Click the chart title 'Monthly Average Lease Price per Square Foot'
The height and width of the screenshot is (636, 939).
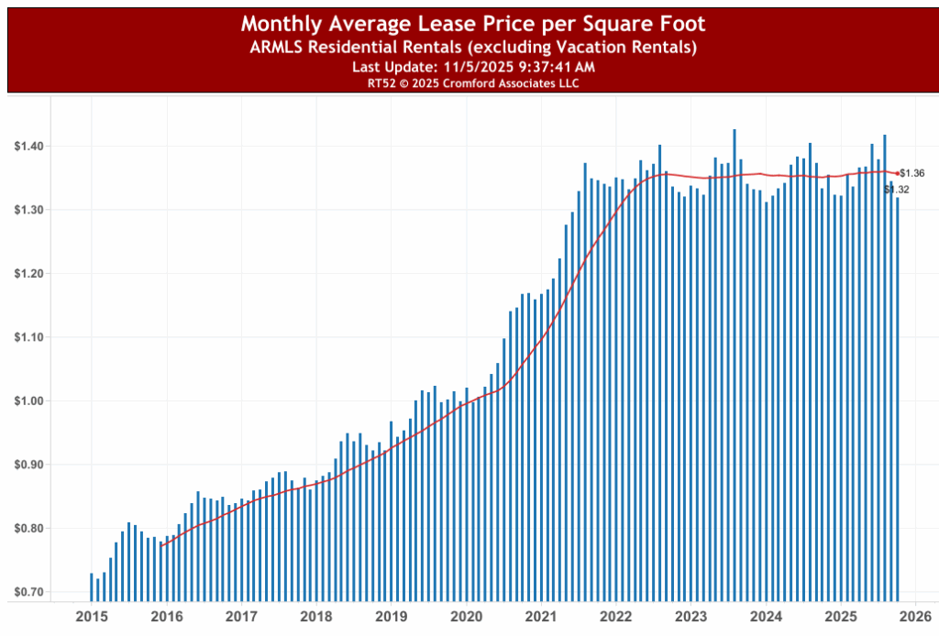coord(473,23)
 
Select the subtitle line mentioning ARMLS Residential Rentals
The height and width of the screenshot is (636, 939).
coord(473,47)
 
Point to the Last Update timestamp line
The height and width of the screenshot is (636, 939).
coord(473,66)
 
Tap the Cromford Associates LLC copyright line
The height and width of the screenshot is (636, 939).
coord(473,82)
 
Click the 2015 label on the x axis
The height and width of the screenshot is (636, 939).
coord(90,616)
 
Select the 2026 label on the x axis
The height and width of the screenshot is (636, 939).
coord(916,616)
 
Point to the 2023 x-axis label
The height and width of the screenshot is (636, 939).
coord(691,616)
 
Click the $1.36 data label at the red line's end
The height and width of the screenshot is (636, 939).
coord(912,173)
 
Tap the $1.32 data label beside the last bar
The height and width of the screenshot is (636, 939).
coord(898,190)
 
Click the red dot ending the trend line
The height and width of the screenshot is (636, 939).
coord(898,172)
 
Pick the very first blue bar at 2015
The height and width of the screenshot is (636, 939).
coord(92,587)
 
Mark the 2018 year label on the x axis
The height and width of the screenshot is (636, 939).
coord(315,616)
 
